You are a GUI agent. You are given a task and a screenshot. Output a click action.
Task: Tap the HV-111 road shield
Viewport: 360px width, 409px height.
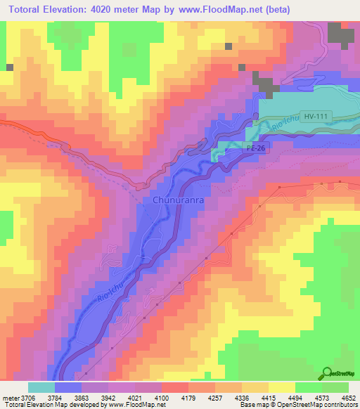316,117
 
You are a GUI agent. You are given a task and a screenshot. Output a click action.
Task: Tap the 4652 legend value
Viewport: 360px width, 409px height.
348,397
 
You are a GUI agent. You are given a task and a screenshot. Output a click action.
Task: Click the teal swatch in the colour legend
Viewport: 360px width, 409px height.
41,387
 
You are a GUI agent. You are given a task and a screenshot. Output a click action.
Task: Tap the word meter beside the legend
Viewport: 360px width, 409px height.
9,397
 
